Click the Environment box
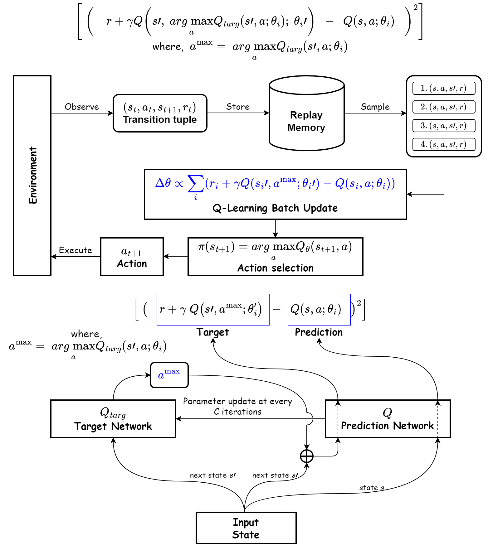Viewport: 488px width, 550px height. coord(32,175)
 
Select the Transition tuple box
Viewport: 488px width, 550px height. coord(160,113)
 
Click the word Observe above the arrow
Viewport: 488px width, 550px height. coord(82,107)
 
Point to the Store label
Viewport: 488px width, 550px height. coord(238,107)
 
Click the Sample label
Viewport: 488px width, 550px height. coord(375,107)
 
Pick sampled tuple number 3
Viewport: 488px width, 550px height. coord(444,126)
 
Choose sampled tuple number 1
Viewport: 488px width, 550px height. coord(444,88)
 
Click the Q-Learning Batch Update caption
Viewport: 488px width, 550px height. coord(275,208)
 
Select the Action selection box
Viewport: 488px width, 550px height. coord(275,257)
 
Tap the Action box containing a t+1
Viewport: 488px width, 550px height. coord(132,257)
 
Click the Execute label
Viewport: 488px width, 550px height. coord(76,250)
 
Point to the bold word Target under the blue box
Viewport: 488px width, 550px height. coord(213,332)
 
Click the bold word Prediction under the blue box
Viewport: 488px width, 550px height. coord(319,332)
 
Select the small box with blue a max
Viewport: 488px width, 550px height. coord(169,375)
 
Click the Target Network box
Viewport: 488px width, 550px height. coord(113,419)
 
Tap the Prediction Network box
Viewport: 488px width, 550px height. coord(388,419)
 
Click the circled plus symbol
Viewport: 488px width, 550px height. coord(307,456)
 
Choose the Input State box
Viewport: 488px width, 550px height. coord(246,528)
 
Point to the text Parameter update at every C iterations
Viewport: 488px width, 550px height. coord(238,406)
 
